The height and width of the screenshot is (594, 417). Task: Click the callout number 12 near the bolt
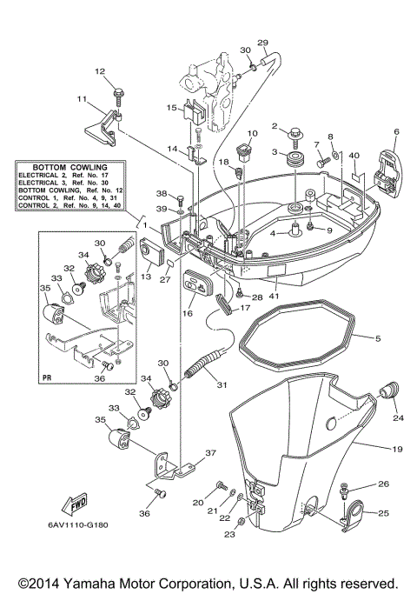coord(100,70)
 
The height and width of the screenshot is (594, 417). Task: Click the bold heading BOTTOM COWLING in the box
coord(69,165)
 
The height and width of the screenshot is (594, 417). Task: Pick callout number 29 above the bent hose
coord(262,42)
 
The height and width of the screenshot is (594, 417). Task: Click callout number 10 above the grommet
coord(253,133)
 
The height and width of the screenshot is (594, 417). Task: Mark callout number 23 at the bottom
coord(230,536)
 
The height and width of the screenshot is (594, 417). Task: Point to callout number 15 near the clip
coord(172,108)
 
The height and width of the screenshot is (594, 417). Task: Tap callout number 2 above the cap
coord(275,127)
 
